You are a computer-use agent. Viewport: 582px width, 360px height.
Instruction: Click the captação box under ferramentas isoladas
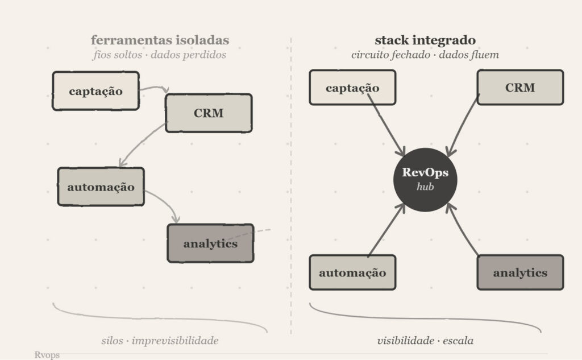(x=95, y=90)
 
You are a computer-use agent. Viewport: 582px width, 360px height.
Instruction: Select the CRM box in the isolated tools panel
(x=208, y=113)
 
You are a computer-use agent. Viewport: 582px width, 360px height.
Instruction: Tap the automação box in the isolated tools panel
(x=101, y=186)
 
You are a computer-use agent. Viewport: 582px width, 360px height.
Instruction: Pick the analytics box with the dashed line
(x=210, y=243)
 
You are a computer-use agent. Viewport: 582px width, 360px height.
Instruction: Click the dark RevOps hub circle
(x=425, y=177)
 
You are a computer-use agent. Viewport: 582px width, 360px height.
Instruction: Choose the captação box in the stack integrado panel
(x=352, y=88)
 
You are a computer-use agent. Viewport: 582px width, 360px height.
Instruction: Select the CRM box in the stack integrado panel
(x=519, y=87)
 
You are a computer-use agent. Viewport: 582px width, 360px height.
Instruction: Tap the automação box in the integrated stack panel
(x=352, y=272)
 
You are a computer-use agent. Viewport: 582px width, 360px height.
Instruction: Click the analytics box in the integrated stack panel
(x=519, y=272)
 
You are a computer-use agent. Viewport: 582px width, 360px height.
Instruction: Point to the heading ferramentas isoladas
(x=160, y=40)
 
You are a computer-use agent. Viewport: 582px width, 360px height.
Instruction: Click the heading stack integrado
(x=425, y=40)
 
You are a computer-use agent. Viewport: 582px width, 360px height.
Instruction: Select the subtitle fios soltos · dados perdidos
(x=160, y=55)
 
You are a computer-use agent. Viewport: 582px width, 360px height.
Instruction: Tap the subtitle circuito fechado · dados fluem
(x=425, y=55)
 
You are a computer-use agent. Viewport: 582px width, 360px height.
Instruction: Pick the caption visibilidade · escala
(x=425, y=341)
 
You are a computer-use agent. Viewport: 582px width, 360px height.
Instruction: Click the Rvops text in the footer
(x=47, y=355)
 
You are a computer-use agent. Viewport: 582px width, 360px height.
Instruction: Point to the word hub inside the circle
(x=425, y=186)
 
